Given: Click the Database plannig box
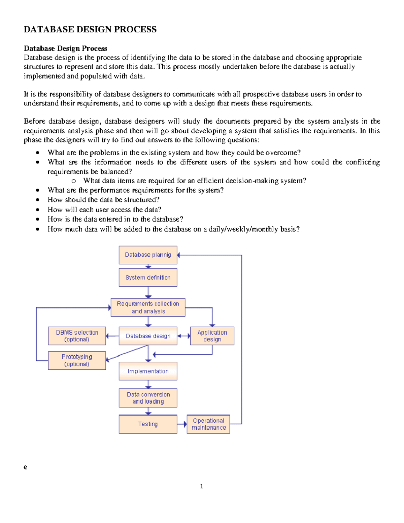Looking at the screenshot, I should coord(148,255).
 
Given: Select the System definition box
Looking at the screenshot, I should coord(148,277).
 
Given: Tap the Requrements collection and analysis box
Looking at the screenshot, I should coord(148,307).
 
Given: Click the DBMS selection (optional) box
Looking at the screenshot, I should coord(77,336).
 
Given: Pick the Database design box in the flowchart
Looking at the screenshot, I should coord(148,336).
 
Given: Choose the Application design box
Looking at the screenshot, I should coord(212,336).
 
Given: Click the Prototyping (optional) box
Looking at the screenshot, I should coord(77,360).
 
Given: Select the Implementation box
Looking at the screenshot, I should coord(148,371).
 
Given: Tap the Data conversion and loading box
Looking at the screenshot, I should coord(148,398).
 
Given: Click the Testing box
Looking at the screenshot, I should coord(148,424).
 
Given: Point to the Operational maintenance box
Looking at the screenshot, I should coord(208,424).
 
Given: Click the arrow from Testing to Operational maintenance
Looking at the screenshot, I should coord(182,424).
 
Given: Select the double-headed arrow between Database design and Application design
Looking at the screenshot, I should coord(183,336).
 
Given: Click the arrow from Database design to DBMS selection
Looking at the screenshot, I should coord(112,336).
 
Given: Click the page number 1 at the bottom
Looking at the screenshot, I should coord(201,486).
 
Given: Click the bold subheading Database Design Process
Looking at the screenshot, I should coord(65,48).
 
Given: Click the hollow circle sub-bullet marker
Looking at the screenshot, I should coord(73,181).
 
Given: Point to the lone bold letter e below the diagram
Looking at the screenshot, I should coord(25,467).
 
